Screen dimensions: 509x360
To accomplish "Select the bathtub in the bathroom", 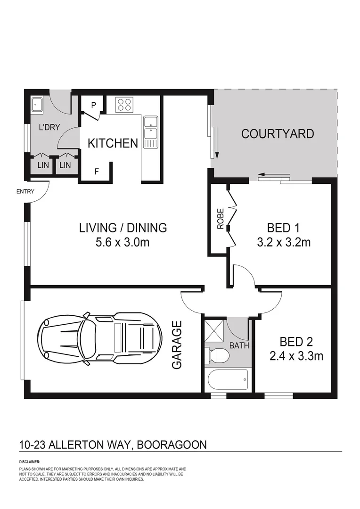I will coord(227,379).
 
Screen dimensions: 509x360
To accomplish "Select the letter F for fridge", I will coord(97,172).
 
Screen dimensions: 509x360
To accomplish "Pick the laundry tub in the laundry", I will coord(38,105).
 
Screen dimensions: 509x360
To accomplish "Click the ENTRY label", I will coord(25,191).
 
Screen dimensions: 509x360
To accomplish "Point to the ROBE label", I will coord(220,219).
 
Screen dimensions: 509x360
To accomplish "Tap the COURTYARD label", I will coord(277,134).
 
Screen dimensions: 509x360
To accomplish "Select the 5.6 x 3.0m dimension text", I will coord(123,243).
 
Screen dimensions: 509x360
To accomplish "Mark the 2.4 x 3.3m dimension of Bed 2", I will coord(296,356).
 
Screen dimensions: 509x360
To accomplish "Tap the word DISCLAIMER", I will coord(30,462).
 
